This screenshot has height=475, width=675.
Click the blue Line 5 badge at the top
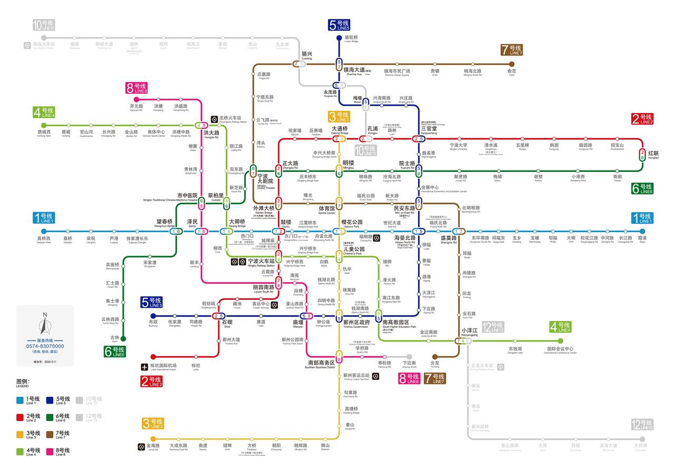339,25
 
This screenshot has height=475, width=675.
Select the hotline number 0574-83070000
45,346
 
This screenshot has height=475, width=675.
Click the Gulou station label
286,223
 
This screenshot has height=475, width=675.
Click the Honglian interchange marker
642,155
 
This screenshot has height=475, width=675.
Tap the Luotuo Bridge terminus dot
339,38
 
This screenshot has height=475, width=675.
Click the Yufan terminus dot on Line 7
512,64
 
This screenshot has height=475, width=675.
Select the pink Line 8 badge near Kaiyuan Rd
137,88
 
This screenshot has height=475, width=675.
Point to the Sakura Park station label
352,223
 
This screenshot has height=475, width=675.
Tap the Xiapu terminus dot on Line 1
642,231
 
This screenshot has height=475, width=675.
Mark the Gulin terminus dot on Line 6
123,339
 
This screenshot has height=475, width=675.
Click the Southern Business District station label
322,364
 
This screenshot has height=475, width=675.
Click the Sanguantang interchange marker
419,139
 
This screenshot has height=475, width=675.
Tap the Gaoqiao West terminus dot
44,231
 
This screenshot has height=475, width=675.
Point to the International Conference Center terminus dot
560,341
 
